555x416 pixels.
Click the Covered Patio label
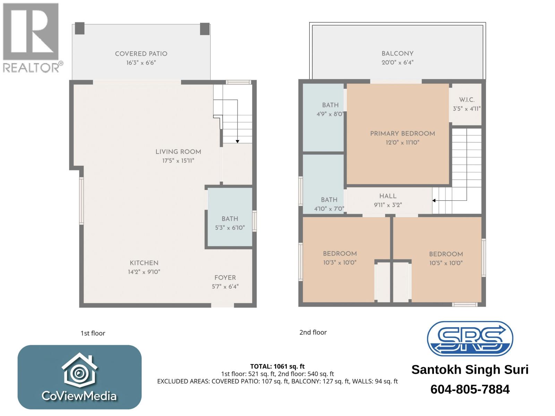coord(141,54)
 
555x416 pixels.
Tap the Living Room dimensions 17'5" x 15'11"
coord(178,161)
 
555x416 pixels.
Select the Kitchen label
coord(144,263)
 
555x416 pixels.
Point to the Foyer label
coord(225,278)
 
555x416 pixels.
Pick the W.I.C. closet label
coord(467,100)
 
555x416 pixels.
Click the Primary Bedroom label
coord(402,133)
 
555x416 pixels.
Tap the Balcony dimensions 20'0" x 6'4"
coord(398,63)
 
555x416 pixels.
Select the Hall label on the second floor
coord(388,196)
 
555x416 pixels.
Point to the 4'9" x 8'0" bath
coord(330,109)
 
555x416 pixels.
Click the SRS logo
coord(470,339)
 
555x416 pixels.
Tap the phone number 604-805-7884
coord(470,389)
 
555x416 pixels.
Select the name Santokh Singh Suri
coord(470,370)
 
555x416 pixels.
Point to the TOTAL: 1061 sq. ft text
coord(277,366)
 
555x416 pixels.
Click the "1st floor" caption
coord(93,333)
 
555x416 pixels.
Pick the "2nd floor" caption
coord(313,332)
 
